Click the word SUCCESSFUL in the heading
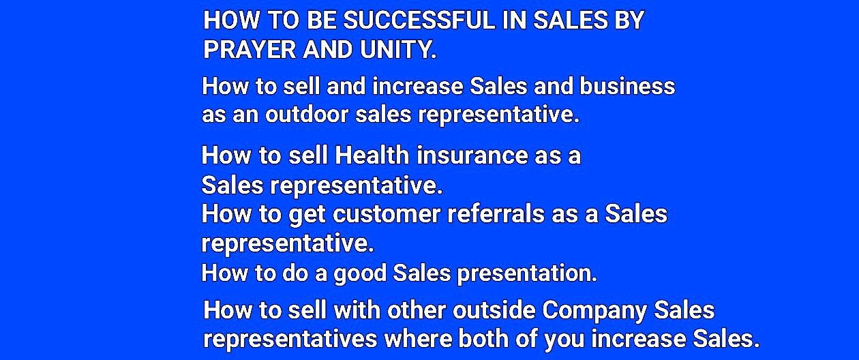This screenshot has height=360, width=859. click(x=419, y=20)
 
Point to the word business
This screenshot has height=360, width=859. click(x=627, y=86)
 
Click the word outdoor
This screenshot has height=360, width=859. click(x=307, y=115)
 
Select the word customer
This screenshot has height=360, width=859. click(x=387, y=214)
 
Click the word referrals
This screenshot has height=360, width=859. click(x=496, y=213)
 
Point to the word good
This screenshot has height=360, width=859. click(x=360, y=273)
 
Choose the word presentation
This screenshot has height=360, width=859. click(x=527, y=273)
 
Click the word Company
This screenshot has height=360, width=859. click(x=594, y=310)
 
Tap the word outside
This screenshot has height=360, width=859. click(x=494, y=310)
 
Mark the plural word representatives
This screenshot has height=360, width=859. click(x=290, y=340)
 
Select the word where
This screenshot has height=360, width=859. click(x=418, y=339)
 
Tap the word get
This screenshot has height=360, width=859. click(x=307, y=215)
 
